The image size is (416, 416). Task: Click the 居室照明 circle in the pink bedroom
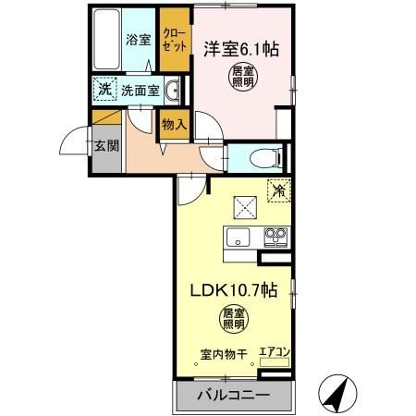point(243,76)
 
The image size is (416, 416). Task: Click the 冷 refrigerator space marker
point(277,190)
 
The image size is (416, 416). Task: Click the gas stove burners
point(275,236)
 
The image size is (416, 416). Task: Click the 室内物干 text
point(223,354)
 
